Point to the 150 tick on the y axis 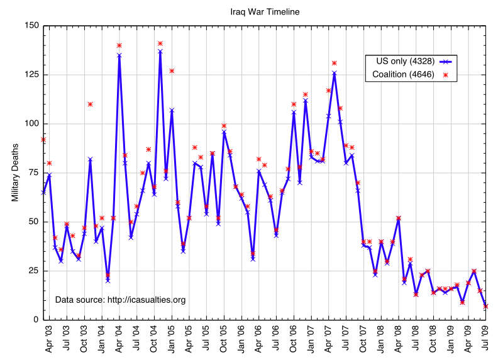tap(31, 26)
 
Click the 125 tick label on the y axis tap(31, 75)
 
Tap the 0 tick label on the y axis tap(35, 320)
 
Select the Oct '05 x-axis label tap(224, 340)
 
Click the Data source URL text tap(121, 300)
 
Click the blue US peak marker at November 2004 tap(160, 51)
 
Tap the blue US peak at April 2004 tap(119, 55)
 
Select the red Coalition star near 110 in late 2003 tap(90, 104)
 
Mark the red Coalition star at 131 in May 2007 tap(335, 63)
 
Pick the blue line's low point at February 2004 tap(108, 281)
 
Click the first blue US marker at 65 tap(43, 193)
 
